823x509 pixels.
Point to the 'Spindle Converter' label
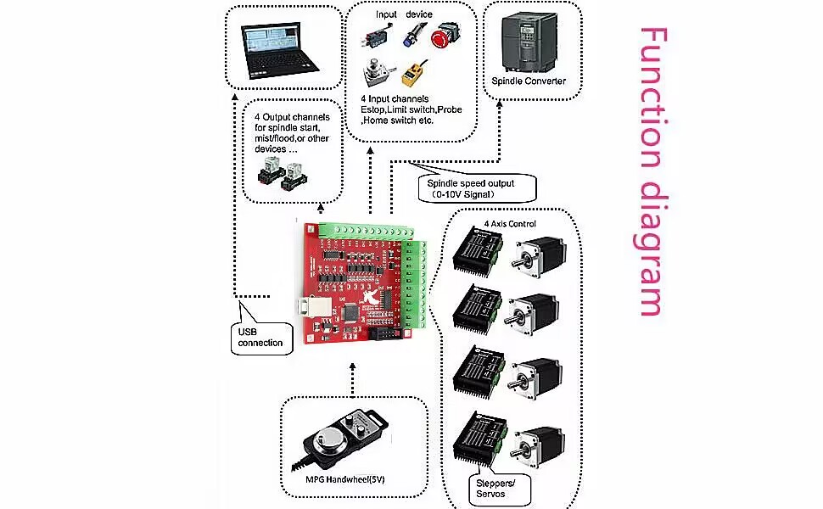coord(528,81)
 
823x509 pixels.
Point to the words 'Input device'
coord(404,14)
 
